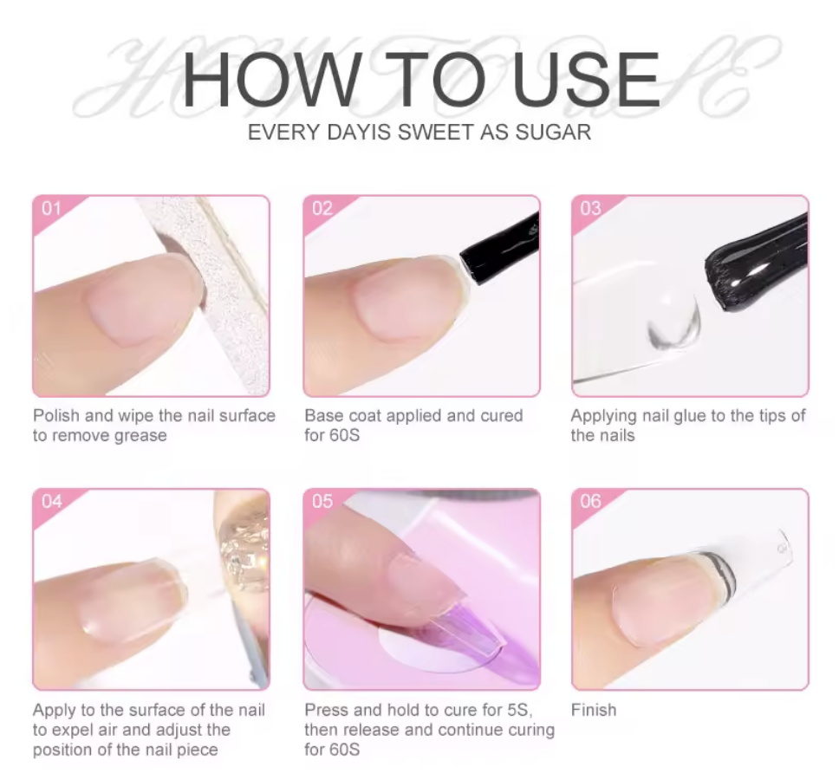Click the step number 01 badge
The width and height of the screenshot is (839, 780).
[x=51, y=208]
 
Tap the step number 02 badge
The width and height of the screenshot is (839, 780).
[x=322, y=208]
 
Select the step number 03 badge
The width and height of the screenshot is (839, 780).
[x=591, y=208]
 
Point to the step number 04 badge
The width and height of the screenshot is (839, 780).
[x=52, y=501]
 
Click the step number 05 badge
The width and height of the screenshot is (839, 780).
[x=322, y=501]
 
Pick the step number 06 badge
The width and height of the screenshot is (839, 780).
[x=591, y=501]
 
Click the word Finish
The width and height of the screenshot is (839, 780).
[x=594, y=710]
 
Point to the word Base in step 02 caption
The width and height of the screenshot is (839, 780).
[x=324, y=416]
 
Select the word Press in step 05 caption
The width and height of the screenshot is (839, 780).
[x=327, y=710]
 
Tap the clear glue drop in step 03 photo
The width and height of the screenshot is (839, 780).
[x=672, y=318]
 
